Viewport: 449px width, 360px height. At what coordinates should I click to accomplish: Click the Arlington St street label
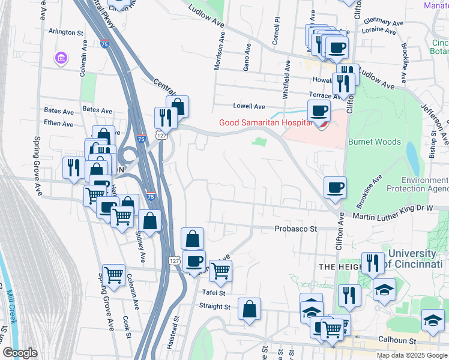coord(66,32)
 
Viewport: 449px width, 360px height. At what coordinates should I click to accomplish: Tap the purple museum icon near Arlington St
coord(61,58)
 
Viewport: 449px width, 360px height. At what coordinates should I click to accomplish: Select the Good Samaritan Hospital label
coord(265,123)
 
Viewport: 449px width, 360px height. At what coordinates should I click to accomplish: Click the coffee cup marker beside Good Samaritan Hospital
coord(319,110)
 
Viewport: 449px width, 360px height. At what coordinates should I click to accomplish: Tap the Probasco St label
coord(296,229)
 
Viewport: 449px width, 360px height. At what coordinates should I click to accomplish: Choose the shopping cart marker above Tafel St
coord(221,271)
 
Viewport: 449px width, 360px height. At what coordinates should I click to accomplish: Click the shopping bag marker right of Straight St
coord(249,308)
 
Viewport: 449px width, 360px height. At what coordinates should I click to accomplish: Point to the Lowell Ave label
coord(249,106)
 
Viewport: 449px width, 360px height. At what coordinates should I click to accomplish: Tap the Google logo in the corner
coord(20,353)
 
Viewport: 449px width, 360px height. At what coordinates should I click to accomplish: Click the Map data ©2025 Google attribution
coord(412,355)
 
